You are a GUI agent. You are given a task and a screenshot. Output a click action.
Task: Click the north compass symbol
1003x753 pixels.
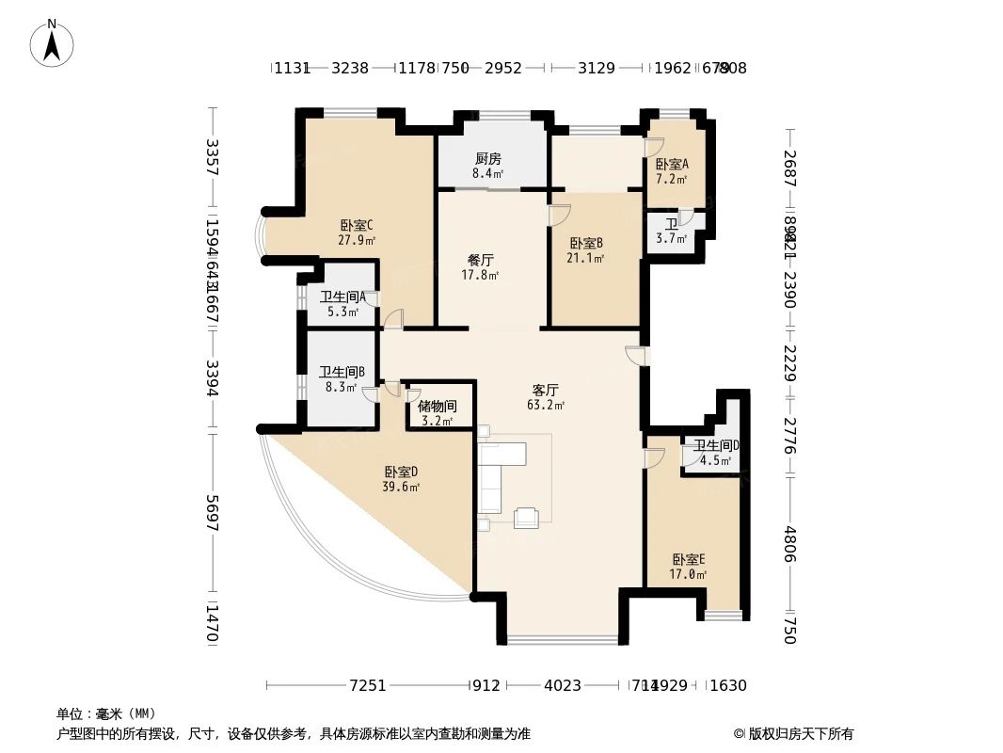pyautogui.click(x=53, y=42)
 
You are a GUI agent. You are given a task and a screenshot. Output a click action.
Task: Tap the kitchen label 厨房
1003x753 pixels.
pyautogui.click(x=487, y=158)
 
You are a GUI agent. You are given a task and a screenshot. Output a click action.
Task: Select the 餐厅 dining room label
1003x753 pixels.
pyautogui.click(x=481, y=260)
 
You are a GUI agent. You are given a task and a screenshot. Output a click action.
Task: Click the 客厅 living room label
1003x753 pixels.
pyautogui.click(x=546, y=390)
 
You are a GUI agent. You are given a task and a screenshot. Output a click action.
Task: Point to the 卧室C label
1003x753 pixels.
pyautogui.click(x=357, y=225)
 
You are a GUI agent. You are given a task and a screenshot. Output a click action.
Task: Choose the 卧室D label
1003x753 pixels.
pyautogui.click(x=401, y=472)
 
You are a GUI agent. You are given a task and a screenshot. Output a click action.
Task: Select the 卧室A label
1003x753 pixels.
pyautogui.click(x=672, y=164)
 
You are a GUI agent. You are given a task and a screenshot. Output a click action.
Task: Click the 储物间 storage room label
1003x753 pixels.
pyautogui.click(x=437, y=407)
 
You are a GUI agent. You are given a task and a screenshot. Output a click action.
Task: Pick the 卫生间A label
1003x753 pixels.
pyautogui.click(x=342, y=296)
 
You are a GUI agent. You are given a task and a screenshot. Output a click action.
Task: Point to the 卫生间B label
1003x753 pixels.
pyautogui.click(x=342, y=372)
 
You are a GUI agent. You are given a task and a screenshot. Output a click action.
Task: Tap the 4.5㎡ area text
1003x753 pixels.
pyautogui.click(x=715, y=460)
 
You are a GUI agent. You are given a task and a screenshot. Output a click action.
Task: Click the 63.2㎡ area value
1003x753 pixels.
pyautogui.click(x=546, y=406)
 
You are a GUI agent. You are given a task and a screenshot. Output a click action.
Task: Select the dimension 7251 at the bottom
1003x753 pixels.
pyautogui.click(x=368, y=685)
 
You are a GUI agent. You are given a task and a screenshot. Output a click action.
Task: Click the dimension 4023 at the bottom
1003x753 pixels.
pyautogui.click(x=563, y=685)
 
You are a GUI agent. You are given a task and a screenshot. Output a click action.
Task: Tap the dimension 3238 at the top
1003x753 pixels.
pyautogui.click(x=350, y=68)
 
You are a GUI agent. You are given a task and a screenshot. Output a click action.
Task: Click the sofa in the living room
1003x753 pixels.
pyautogui.click(x=493, y=478)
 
